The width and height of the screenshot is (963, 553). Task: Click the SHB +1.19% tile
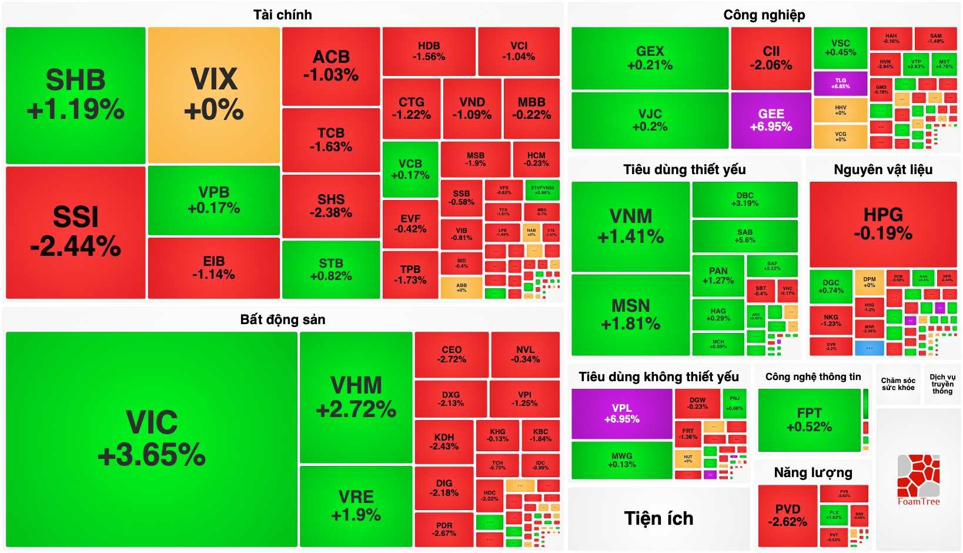pyautogui.click(x=75, y=95)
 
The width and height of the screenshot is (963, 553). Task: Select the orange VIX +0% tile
pyautogui.click(x=213, y=95)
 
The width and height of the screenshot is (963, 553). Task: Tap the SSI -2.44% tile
pyautogui.click(x=75, y=232)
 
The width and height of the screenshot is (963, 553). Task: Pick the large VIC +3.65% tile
pyautogui.click(x=151, y=439)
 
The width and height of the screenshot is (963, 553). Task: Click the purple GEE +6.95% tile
pyautogui.click(x=771, y=120)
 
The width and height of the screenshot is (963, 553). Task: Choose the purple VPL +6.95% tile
pyautogui.click(x=621, y=413)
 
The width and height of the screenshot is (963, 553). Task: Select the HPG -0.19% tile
pyautogui.click(x=882, y=224)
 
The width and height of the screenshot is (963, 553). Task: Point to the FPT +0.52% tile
pyautogui.click(x=809, y=419)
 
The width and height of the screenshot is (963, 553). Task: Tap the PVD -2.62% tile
pyautogui.click(x=787, y=515)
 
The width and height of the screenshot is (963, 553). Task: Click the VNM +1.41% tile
pyautogui.click(x=630, y=226)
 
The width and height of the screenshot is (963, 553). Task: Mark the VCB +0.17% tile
pyautogui.click(x=410, y=169)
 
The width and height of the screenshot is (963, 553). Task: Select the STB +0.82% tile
pyautogui.click(x=331, y=269)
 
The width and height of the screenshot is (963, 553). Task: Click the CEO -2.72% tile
pyautogui.click(x=452, y=354)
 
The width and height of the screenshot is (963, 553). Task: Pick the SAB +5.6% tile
pyautogui.click(x=744, y=236)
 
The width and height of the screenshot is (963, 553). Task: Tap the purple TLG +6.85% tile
pyautogui.click(x=840, y=84)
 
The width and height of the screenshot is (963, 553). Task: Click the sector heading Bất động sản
pyautogui.click(x=282, y=319)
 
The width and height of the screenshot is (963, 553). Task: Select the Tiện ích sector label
pyautogui.click(x=658, y=518)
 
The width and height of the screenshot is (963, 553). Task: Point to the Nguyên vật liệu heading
pyautogui.click(x=882, y=169)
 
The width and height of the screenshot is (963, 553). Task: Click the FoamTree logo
pyautogui.click(x=918, y=479)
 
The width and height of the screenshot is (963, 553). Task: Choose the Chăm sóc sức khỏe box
pyautogui.click(x=898, y=384)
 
